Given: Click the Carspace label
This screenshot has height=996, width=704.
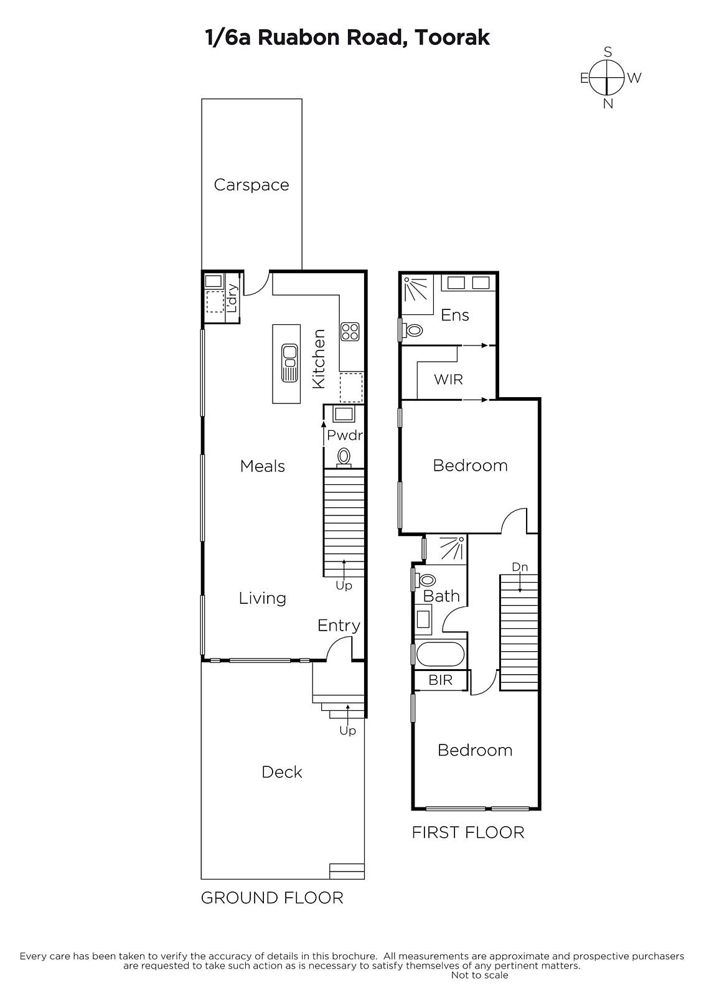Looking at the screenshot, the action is (x=251, y=185).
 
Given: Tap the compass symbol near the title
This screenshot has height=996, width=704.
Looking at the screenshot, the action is (x=608, y=78).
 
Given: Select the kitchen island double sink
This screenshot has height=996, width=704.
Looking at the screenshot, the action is (x=289, y=363).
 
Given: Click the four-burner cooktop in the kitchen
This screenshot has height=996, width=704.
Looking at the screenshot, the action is (x=350, y=331).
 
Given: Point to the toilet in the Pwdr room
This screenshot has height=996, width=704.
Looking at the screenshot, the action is (x=344, y=458).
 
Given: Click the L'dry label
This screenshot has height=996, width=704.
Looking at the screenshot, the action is (x=232, y=298).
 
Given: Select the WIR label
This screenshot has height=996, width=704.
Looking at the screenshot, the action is (x=448, y=379).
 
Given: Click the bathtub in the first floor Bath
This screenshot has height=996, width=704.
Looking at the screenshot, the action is (x=440, y=654).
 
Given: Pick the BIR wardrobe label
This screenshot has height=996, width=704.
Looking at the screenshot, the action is (x=440, y=680).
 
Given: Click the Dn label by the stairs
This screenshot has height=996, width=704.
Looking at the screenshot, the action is (x=519, y=567).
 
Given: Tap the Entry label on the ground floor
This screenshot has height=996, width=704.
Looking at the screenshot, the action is (x=339, y=626).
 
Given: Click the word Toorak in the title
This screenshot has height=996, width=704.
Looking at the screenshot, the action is (x=453, y=37).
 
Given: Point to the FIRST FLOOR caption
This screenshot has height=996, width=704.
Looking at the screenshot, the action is (x=468, y=832).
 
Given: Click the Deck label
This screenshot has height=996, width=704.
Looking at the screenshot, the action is (x=282, y=772).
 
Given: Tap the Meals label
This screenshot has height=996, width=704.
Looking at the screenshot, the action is (x=263, y=466).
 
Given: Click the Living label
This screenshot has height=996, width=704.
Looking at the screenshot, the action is (x=263, y=598).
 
